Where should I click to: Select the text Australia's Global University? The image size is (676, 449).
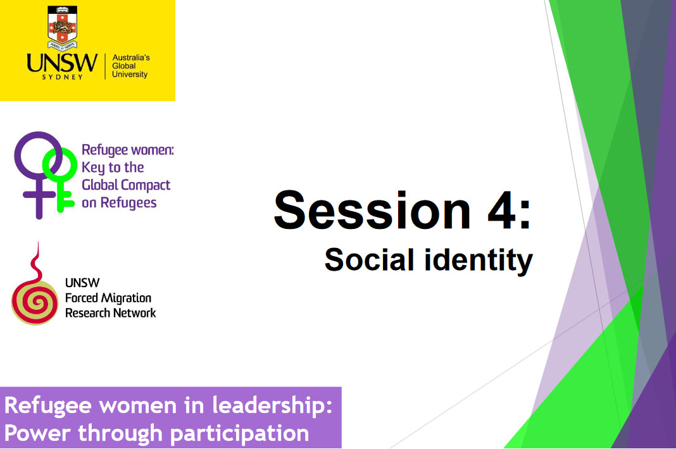[x=130, y=66]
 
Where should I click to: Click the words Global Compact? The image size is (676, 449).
[x=126, y=185]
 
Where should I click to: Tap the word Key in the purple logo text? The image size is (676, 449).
[x=93, y=168]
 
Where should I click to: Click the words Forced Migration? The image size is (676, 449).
[x=108, y=298]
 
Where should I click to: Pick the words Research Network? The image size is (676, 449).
[x=110, y=312]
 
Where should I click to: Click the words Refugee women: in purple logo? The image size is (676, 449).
[x=127, y=151]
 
